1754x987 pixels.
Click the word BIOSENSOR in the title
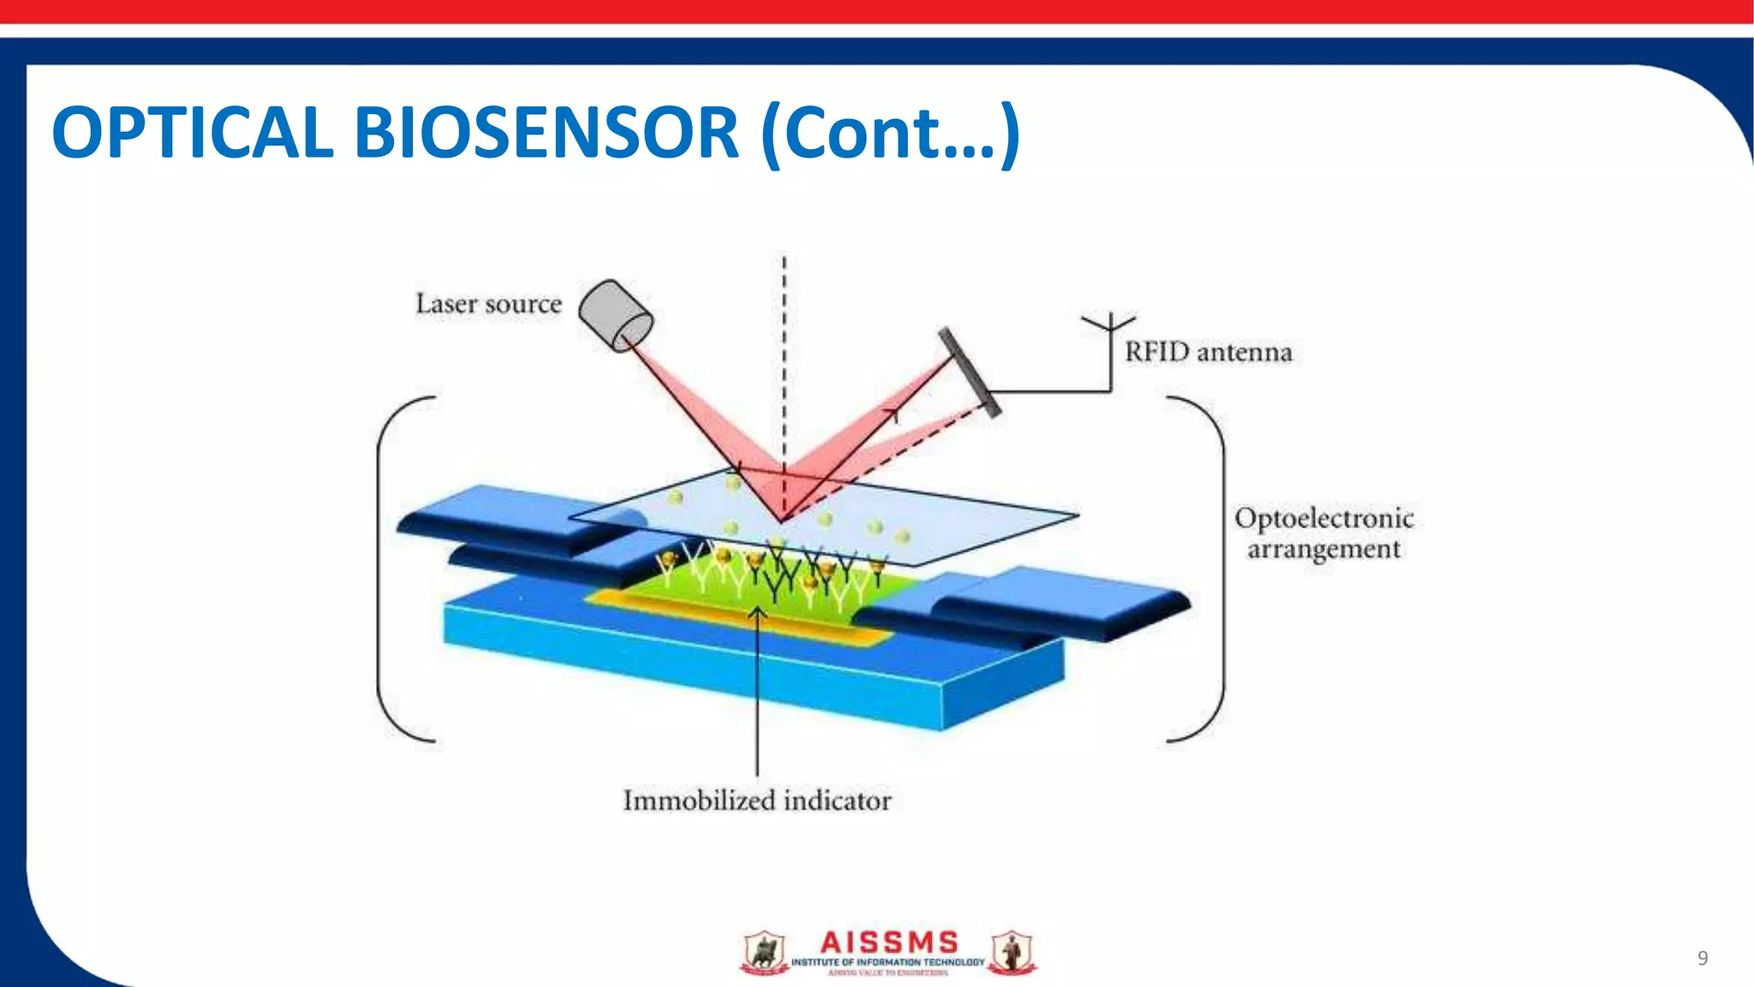[x=546, y=133]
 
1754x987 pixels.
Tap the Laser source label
[x=488, y=304]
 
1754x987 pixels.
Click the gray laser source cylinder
[x=614, y=315]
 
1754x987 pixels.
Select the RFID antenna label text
[x=1208, y=352]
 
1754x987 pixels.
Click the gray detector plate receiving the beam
[x=969, y=372]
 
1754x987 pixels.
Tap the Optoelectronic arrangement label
[x=1323, y=533]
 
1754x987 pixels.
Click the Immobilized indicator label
[x=757, y=800]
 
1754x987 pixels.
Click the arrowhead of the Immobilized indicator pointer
[x=756, y=612]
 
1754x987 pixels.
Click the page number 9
[x=1703, y=958]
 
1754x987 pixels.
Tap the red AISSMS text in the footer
[x=889, y=942]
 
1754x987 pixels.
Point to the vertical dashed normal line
[x=784, y=360]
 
